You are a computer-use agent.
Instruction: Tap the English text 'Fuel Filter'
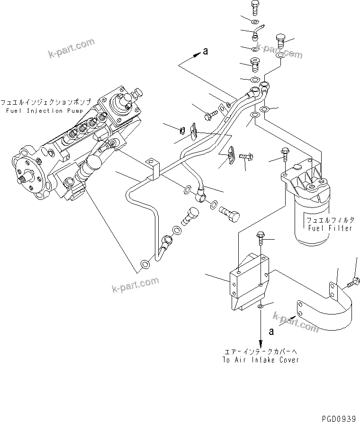(x=330, y=228)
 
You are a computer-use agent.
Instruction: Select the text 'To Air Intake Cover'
(x=261, y=360)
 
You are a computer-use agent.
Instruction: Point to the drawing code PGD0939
(x=338, y=417)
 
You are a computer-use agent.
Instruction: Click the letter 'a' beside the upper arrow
(x=205, y=52)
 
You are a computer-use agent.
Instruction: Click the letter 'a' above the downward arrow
(x=271, y=332)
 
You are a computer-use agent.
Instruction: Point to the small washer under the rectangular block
(x=261, y=307)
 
